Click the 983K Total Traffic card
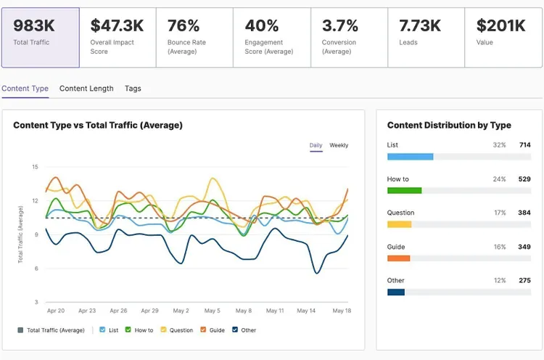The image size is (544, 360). [x=41, y=38]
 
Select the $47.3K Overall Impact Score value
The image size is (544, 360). [x=117, y=25]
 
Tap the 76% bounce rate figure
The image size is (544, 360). [x=184, y=25]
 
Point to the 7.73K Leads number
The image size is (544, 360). [x=420, y=25]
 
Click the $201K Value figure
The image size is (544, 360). [x=501, y=25]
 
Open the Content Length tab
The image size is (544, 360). [x=86, y=89]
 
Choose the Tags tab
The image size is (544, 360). [x=133, y=89]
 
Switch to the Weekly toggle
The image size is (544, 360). [x=339, y=145]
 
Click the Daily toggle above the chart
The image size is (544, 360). [x=316, y=145]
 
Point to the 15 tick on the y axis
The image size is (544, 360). [x=35, y=167]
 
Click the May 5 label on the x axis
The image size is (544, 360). [x=212, y=311]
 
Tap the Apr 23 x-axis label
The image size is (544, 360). [x=87, y=311]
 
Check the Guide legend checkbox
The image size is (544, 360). [x=203, y=330]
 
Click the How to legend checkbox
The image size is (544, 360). [x=128, y=330]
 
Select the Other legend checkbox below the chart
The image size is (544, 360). [x=235, y=330]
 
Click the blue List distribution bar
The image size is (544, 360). [x=410, y=157]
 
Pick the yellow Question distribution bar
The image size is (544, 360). [x=400, y=224]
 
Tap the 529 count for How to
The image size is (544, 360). [x=524, y=179]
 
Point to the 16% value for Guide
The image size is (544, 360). [x=500, y=247]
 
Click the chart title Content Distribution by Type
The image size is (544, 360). [x=449, y=125]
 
